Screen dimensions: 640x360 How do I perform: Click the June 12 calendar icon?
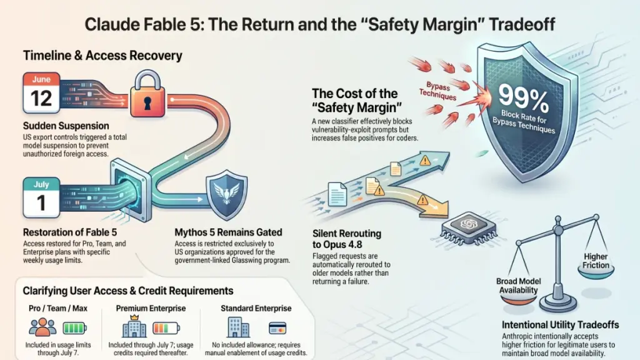click(42, 92)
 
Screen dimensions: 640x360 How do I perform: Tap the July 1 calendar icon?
click(41, 197)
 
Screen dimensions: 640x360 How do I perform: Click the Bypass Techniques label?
click(437, 91)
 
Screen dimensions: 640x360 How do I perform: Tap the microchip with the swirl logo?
click(469, 227)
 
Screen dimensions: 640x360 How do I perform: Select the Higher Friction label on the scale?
click(596, 261)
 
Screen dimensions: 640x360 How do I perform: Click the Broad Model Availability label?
click(518, 286)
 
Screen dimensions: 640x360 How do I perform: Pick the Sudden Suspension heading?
click(66, 126)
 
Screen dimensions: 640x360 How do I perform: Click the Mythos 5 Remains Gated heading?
click(228, 232)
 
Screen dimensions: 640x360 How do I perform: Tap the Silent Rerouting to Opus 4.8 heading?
click(347, 239)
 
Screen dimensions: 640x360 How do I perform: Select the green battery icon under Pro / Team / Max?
click(75, 327)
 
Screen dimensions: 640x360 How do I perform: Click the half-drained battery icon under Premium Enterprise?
click(166, 327)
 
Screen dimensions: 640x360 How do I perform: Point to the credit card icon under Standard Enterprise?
click(277, 327)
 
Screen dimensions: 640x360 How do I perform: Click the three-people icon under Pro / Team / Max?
click(42, 327)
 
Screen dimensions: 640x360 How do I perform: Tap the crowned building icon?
click(134, 326)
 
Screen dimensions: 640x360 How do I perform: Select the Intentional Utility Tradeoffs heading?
click(560, 325)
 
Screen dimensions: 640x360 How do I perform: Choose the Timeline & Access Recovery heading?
click(102, 56)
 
